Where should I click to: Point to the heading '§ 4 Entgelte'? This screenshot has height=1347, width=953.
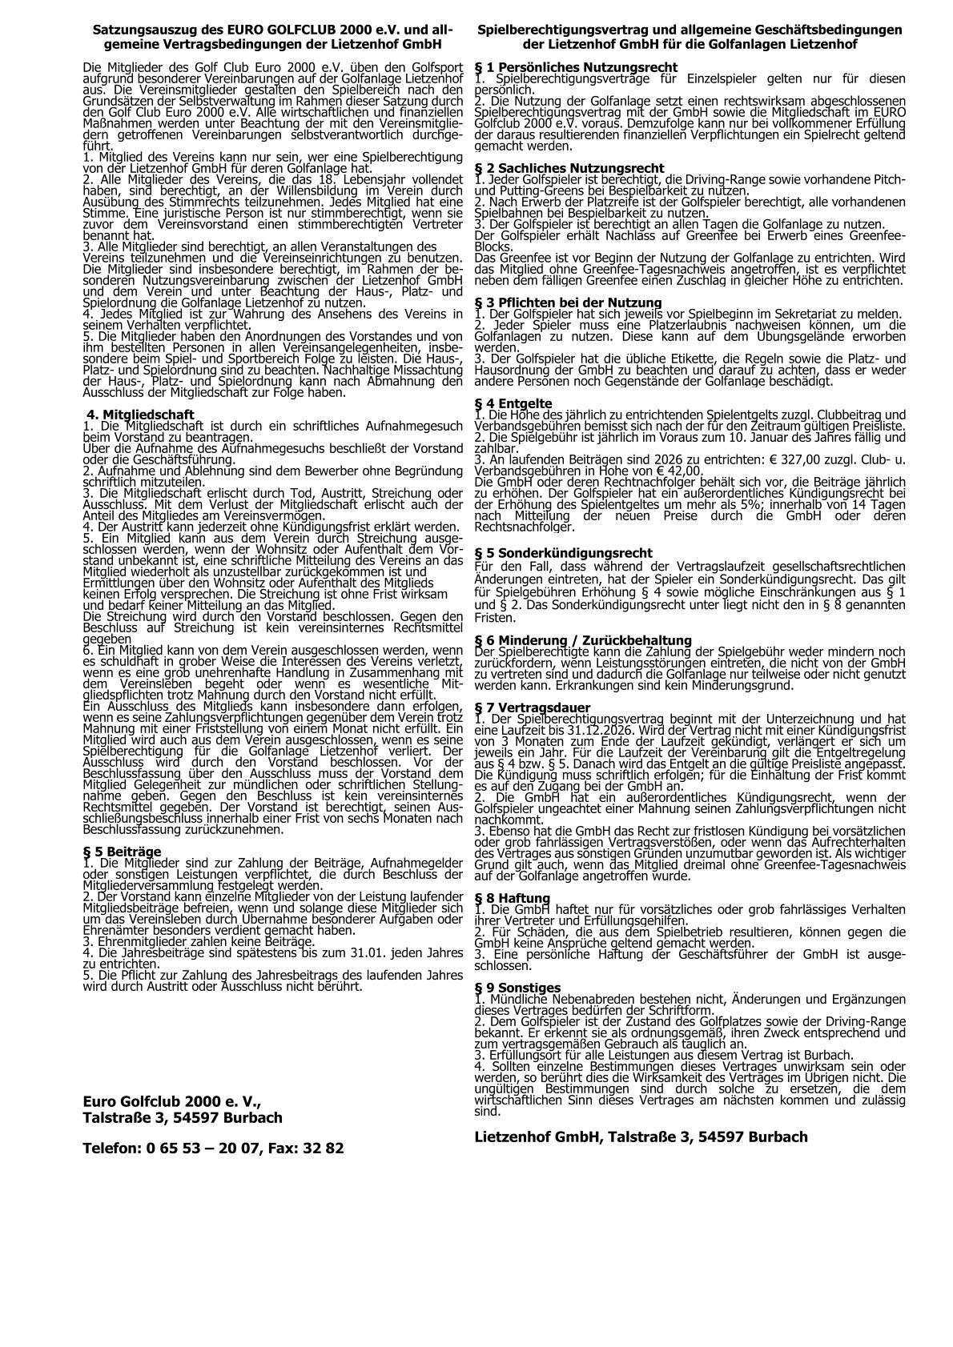[513, 403]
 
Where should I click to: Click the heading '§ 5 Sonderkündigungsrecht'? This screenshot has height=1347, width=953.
[563, 553]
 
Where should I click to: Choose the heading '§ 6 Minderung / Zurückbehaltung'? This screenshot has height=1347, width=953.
[582, 640]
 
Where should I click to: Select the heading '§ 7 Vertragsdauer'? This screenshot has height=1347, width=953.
[533, 708]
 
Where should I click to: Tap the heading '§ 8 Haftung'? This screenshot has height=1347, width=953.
[513, 898]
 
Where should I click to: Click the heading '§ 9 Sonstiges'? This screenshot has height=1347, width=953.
[517, 988]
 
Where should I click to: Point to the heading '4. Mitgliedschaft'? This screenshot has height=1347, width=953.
[140, 415]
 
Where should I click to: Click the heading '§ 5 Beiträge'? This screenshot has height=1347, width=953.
[122, 851]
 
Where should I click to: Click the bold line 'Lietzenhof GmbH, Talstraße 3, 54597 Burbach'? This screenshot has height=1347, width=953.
[641, 1137]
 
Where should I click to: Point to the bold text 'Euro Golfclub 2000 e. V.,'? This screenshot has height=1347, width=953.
[171, 1101]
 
